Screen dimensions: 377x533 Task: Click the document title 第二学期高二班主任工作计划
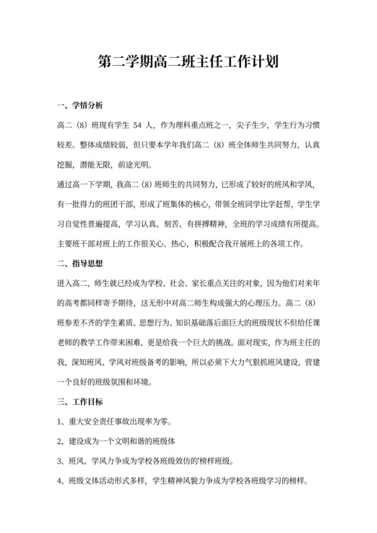point(188,63)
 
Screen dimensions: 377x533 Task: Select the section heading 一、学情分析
point(81,106)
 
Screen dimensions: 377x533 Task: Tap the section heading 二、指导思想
point(81,262)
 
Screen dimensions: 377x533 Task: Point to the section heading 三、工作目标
point(81,402)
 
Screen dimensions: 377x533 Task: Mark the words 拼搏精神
point(201,223)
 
